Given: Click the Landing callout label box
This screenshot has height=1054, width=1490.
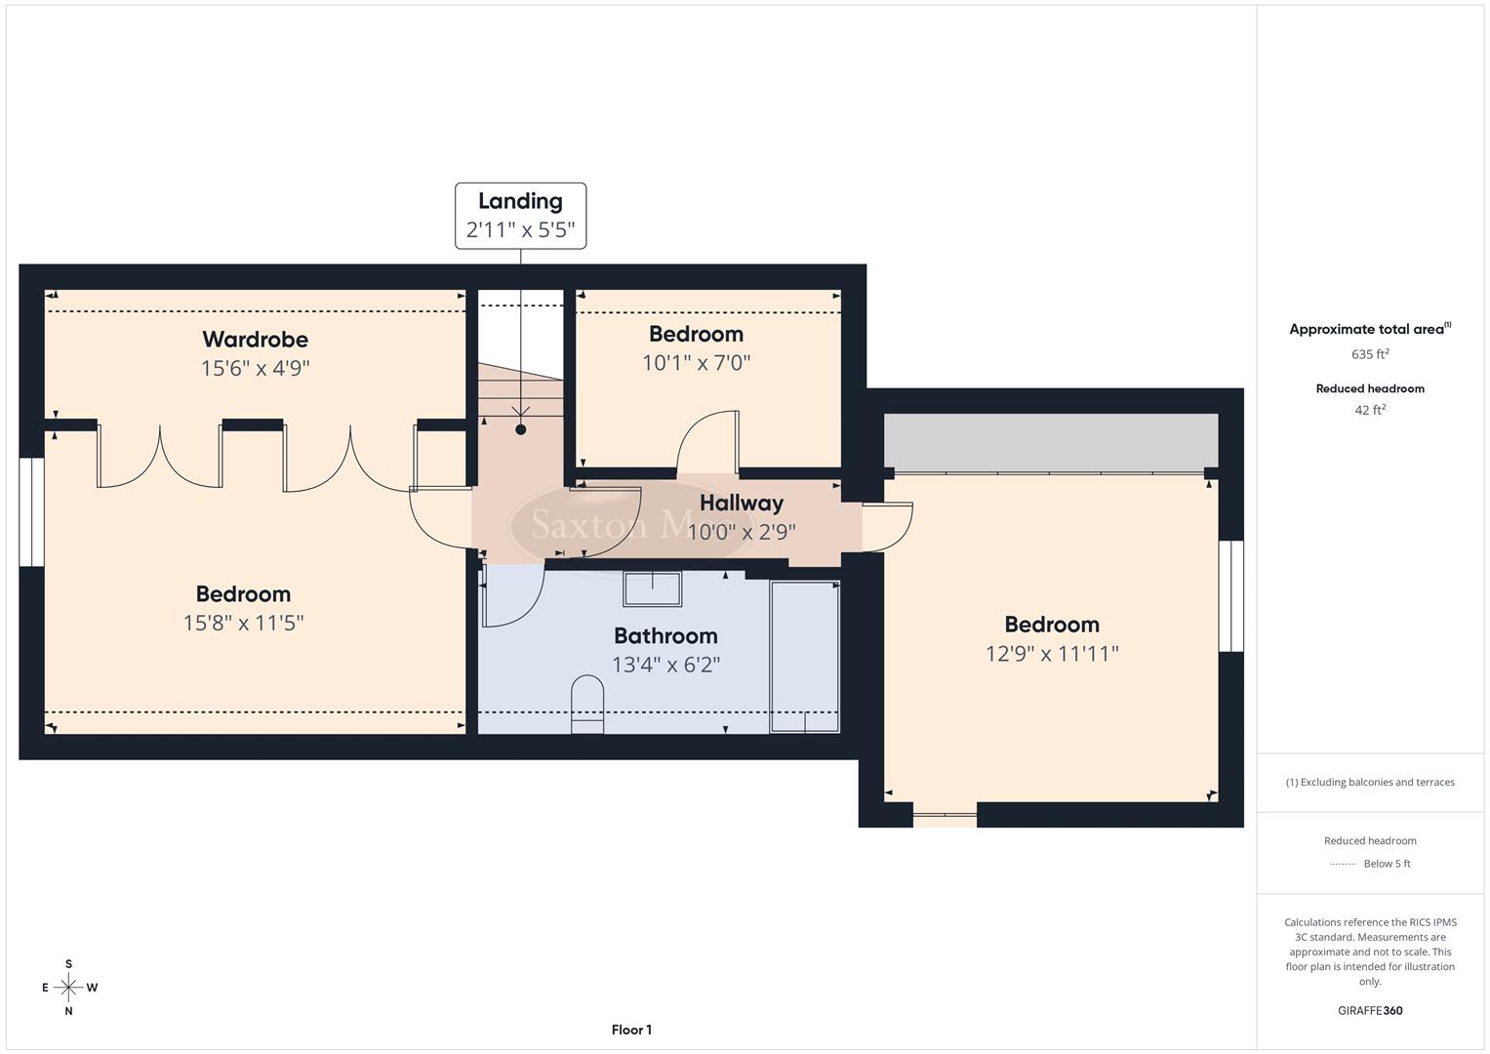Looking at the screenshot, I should [520, 216].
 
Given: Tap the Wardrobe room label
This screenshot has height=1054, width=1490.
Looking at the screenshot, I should [255, 340].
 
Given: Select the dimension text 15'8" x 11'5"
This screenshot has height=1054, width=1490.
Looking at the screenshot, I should [243, 623].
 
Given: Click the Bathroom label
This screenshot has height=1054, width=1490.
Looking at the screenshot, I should [665, 636].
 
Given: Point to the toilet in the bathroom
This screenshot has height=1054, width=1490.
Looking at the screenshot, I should [586, 704].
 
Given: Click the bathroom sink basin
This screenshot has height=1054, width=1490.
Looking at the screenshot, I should [653, 589].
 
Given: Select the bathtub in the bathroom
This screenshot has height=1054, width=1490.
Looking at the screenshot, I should [804, 656].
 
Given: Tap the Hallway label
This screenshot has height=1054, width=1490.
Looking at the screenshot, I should [742, 504].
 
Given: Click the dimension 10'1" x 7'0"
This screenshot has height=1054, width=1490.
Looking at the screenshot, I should [696, 363].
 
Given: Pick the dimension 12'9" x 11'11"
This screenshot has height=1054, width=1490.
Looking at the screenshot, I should [1051, 654].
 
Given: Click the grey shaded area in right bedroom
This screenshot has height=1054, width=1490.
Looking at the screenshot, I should [1051, 441].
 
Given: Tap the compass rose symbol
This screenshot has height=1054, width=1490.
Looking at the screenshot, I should [68, 988].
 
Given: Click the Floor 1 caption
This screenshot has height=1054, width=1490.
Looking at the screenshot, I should [631, 1030].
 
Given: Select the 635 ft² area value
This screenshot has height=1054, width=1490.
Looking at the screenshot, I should [1370, 354].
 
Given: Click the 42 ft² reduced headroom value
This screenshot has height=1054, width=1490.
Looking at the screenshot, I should [1370, 410].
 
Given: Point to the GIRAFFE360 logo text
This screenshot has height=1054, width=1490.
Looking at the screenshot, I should [1370, 1011].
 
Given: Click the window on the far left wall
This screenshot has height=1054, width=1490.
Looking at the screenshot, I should [32, 512].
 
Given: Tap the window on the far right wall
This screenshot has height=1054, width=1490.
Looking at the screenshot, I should [1230, 595].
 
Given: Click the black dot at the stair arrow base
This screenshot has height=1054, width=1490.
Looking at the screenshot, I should [521, 429].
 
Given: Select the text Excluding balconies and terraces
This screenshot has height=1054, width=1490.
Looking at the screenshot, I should [1377, 782].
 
